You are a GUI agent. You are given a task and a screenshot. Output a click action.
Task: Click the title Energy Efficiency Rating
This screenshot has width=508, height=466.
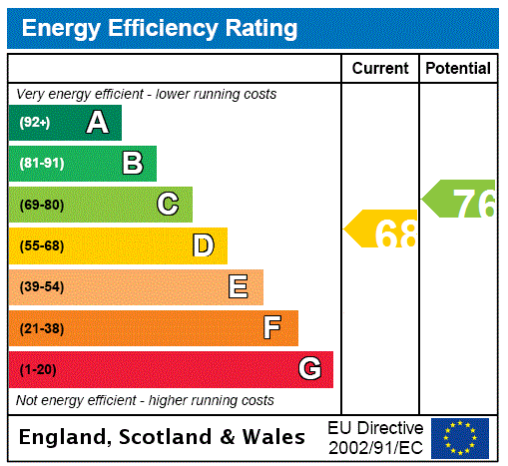coord(160,28)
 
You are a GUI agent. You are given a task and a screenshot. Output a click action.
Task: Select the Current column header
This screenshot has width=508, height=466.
coord(380,69)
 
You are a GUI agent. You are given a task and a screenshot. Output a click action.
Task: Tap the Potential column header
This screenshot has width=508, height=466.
coord(458,69)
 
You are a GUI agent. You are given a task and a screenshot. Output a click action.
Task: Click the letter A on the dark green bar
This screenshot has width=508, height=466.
coord(97,123)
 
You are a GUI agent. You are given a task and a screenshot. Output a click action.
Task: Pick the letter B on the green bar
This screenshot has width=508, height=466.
coord(132,164)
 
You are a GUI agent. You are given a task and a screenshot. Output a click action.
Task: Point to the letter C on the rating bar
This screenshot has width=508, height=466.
coord(168,205)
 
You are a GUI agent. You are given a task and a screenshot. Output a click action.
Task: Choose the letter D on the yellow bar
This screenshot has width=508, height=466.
coord(203,245)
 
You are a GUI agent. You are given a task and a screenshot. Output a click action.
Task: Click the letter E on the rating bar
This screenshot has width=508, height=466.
coord(239,287)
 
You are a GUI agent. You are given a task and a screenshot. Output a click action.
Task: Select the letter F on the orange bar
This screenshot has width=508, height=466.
coord(272,328)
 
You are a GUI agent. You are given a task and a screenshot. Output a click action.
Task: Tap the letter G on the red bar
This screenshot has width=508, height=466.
coord(309,369)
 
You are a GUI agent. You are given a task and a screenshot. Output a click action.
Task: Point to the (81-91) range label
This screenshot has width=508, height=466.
coord(41,164)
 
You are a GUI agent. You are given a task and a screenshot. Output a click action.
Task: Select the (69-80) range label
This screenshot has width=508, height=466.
coord(41,206)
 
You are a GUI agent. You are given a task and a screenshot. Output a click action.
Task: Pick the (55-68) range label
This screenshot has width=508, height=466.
coord(41,246)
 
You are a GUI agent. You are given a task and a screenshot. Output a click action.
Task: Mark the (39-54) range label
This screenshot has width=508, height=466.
coord(41,287)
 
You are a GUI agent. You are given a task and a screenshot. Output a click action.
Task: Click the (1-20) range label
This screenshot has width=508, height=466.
coord(38,370)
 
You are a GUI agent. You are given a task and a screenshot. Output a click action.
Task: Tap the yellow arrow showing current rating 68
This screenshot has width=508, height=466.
coord(382,231)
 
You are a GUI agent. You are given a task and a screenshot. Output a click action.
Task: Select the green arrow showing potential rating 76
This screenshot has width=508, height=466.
coord(460,200)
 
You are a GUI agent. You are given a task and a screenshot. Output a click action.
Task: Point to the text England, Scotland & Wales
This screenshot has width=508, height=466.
coord(162,437)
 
